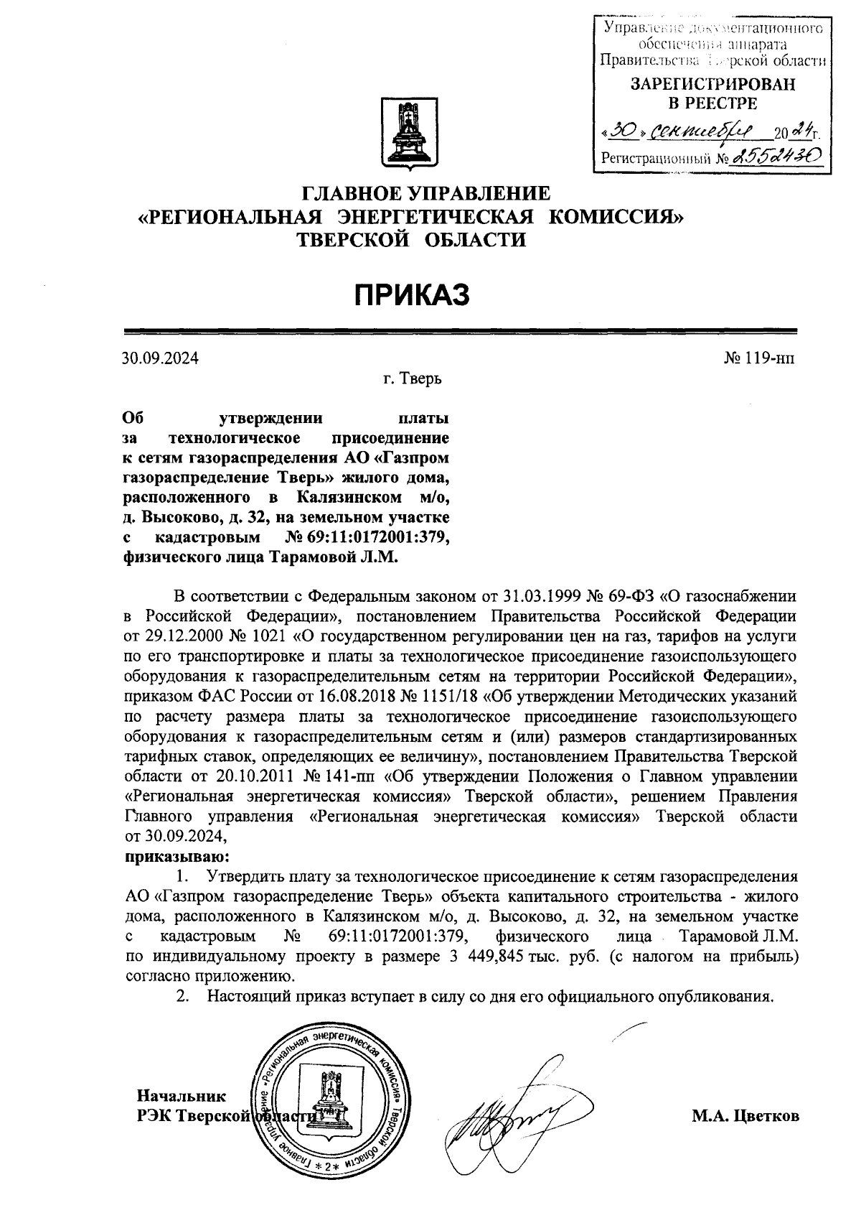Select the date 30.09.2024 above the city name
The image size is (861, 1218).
pyautogui.click(x=161, y=358)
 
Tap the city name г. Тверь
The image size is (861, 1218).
pyautogui.click(x=412, y=378)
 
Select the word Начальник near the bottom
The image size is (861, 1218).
pyautogui.click(x=181, y=1096)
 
